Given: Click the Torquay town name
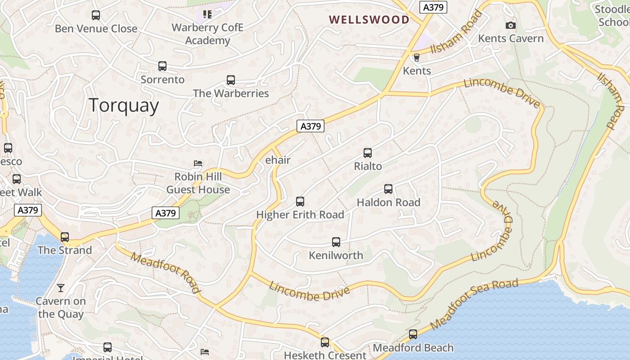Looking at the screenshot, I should click(124, 105).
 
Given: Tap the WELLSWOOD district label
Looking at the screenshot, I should click(369, 20).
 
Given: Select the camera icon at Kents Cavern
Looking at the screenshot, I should click(511, 25).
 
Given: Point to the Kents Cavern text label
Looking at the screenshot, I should click(511, 39).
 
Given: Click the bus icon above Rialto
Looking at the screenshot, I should click(368, 153).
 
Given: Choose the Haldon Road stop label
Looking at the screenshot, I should click(388, 202).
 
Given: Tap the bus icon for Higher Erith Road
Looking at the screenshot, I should click(300, 202).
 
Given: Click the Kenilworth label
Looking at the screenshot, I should click(336, 256).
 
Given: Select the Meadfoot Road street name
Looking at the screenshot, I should click(166, 272).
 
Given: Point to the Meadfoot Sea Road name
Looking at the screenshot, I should click(473, 304).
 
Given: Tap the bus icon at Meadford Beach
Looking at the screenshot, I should click(413, 334).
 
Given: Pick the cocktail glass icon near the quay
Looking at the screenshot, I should click(61, 288).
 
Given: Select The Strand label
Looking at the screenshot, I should click(64, 250).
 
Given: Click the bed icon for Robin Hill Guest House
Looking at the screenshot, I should click(198, 163).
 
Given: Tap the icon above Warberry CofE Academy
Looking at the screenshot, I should click(207, 14).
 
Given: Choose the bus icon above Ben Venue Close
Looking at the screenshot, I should click(96, 15).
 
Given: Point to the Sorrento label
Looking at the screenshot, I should click(162, 80).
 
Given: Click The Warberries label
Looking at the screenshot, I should click(231, 94).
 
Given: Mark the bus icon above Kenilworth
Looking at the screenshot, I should click(336, 242).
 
